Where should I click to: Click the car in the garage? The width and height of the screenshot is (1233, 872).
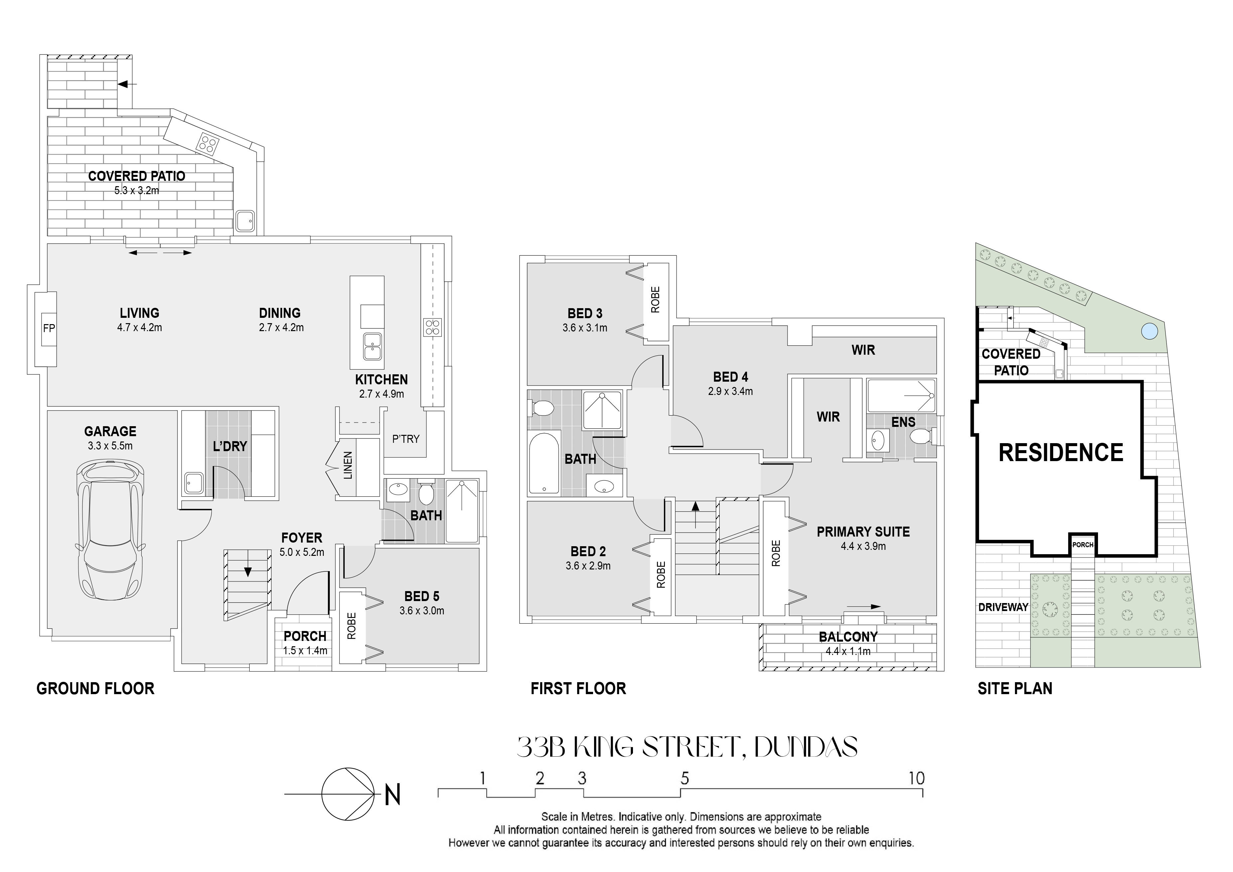coord(110,529)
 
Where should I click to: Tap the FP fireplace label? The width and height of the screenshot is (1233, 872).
coord(49,328)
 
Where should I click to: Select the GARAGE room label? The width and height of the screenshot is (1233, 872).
coord(110,431)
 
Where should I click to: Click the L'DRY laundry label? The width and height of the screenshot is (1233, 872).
coord(230,446)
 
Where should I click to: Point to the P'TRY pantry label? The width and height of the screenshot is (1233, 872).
coord(406,439)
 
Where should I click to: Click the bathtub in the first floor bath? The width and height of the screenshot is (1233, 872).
coord(544,464)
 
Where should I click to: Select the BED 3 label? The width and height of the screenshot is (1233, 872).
coord(585,313)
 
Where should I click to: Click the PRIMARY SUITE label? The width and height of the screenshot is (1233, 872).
coord(863,532)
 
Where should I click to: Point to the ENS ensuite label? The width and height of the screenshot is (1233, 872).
coord(903,422)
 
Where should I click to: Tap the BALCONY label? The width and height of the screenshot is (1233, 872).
coord(848,637)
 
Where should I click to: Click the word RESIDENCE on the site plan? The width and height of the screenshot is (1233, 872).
coord(1060,453)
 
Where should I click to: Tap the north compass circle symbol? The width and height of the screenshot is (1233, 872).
coord(347,794)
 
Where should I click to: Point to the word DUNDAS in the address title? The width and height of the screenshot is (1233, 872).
coord(805,747)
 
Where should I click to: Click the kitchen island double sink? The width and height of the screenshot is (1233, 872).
coord(372,346)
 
